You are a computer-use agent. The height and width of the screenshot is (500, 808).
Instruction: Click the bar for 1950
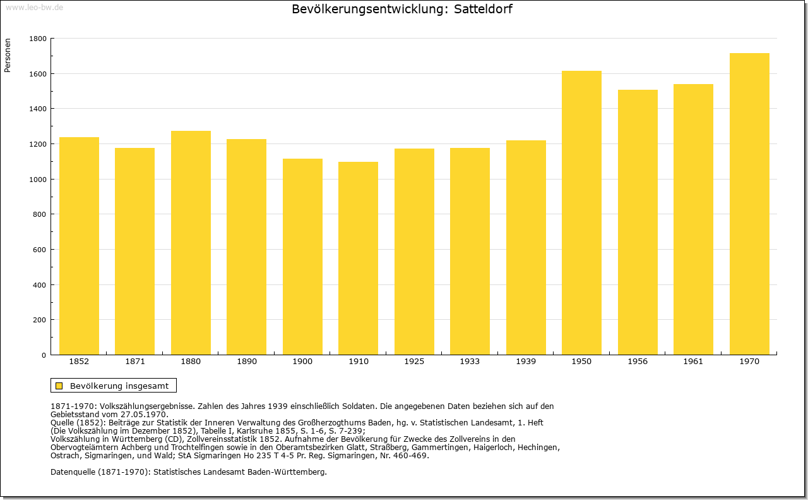point(581,213)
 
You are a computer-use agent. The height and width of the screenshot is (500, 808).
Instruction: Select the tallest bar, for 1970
point(749,204)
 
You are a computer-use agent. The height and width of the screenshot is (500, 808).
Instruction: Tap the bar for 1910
point(358,259)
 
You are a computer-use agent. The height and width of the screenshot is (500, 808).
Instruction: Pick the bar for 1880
point(191,243)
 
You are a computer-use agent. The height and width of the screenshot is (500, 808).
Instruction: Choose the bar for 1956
point(638,222)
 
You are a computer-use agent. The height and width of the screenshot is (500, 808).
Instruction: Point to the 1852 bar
point(79,246)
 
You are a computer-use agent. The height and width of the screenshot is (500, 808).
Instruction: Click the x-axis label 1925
point(414,362)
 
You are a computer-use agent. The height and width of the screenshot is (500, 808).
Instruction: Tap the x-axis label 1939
point(526,362)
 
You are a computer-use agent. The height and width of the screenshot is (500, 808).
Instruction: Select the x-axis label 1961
point(693,362)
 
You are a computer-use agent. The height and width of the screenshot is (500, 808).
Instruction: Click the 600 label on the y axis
point(39,250)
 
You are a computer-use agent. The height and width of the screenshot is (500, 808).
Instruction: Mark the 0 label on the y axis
point(44,355)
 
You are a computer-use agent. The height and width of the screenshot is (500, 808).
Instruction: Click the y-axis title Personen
point(8,55)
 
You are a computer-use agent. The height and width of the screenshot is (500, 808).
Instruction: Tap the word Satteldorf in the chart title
point(483,9)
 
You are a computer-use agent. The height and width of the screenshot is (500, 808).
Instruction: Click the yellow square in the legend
point(59,386)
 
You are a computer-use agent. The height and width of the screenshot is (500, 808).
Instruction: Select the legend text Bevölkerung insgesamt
point(119,386)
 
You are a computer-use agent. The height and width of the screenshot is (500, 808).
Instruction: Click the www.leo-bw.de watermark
point(34,7)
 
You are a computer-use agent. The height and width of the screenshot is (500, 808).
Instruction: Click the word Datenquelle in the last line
point(73,472)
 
